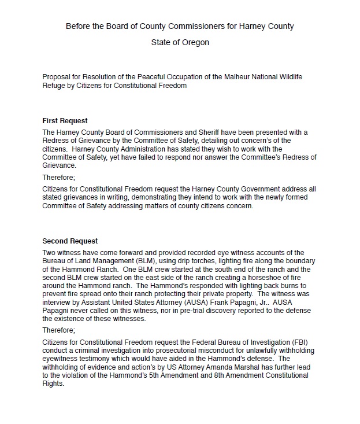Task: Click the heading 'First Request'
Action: pos(65,121)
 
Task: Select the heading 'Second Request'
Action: pos(70,241)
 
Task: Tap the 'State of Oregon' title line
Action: pos(180,42)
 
